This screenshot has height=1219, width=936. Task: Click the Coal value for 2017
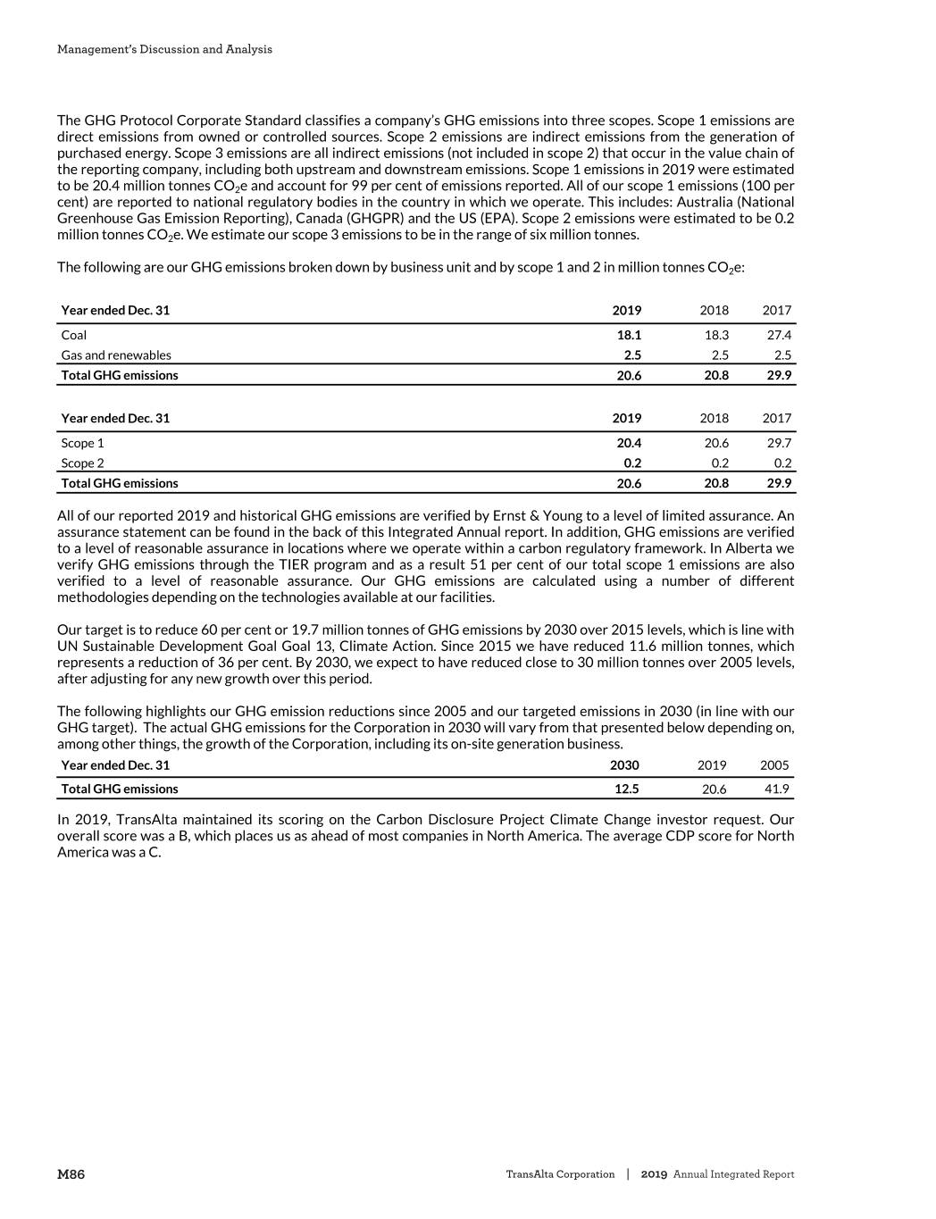[778, 335]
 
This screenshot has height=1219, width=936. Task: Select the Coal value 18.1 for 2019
[629, 335]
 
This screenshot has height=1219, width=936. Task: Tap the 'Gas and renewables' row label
[116, 355]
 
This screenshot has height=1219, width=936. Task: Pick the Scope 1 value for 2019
[629, 443]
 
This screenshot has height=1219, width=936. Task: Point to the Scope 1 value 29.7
[778, 443]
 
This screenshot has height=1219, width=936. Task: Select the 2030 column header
[624, 765]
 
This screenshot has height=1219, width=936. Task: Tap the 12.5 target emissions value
[626, 789]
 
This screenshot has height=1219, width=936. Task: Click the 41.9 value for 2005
[775, 789]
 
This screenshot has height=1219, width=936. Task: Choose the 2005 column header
[774, 765]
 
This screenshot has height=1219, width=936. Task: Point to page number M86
[71, 1174]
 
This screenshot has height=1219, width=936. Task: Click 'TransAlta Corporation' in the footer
[560, 1174]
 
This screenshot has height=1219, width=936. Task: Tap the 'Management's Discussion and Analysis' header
[164, 49]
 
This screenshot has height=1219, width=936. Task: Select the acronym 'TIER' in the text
[293, 564]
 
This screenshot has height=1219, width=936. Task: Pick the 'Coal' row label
[74, 335]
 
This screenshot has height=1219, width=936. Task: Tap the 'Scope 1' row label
[82, 443]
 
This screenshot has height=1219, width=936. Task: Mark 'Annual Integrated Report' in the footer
[733, 1174]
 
